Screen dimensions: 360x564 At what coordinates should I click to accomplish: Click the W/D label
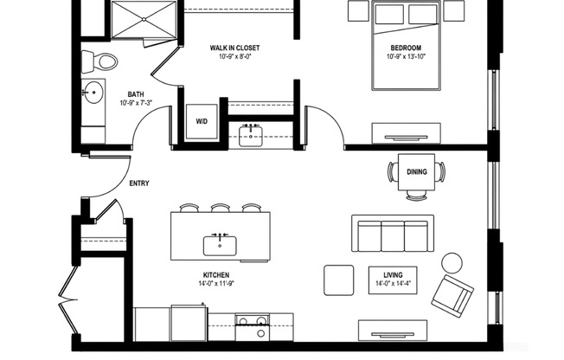pos(202,122)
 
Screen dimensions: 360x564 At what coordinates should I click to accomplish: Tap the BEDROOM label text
pos(405,48)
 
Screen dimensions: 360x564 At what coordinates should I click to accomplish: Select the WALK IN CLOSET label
pos(235,48)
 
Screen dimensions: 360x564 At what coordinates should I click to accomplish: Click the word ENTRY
pos(139,183)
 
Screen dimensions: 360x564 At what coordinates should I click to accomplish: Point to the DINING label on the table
pos(417,172)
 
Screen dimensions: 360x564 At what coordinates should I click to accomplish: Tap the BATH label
pos(136,94)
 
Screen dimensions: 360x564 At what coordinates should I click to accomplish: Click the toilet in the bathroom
pos(100,61)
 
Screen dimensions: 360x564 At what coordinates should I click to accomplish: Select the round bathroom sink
pos(92,91)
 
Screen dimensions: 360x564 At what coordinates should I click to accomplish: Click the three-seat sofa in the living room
pos(391,234)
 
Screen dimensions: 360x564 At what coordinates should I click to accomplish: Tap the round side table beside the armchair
pos(452,262)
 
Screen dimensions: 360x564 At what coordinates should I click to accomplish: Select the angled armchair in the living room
pos(452,295)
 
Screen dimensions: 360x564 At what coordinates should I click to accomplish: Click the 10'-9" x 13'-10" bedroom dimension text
pos(405,57)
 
